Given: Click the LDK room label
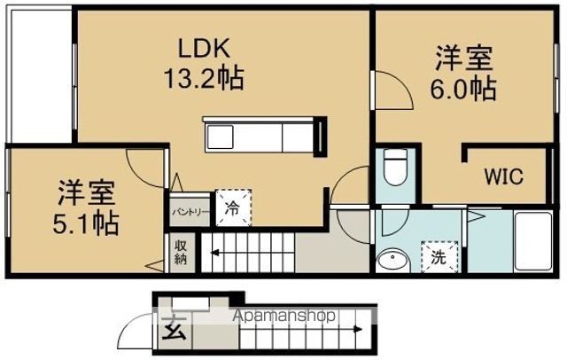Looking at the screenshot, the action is (x=205, y=49).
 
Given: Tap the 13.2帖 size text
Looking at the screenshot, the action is (x=204, y=78).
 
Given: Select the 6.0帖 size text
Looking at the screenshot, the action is (x=463, y=89).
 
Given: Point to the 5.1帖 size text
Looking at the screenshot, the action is (x=86, y=223).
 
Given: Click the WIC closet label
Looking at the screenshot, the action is (x=504, y=176).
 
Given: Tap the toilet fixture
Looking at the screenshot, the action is (x=395, y=167).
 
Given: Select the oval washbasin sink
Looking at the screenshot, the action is (x=392, y=260).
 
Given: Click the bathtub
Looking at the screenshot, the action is (x=533, y=241).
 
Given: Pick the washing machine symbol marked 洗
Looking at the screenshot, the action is (x=439, y=257).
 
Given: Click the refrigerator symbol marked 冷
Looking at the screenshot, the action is (x=233, y=207).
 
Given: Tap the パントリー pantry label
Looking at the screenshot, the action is (x=190, y=212).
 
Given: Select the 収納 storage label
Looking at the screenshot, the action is (x=180, y=252).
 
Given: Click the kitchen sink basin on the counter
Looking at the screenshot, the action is (x=219, y=137).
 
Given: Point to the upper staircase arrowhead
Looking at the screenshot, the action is (x=214, y=253).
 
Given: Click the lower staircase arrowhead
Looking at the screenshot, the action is (x=358, y=329).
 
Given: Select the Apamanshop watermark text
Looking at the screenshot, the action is (x=283, y=316).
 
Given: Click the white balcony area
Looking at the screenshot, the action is (x=42, y=76).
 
